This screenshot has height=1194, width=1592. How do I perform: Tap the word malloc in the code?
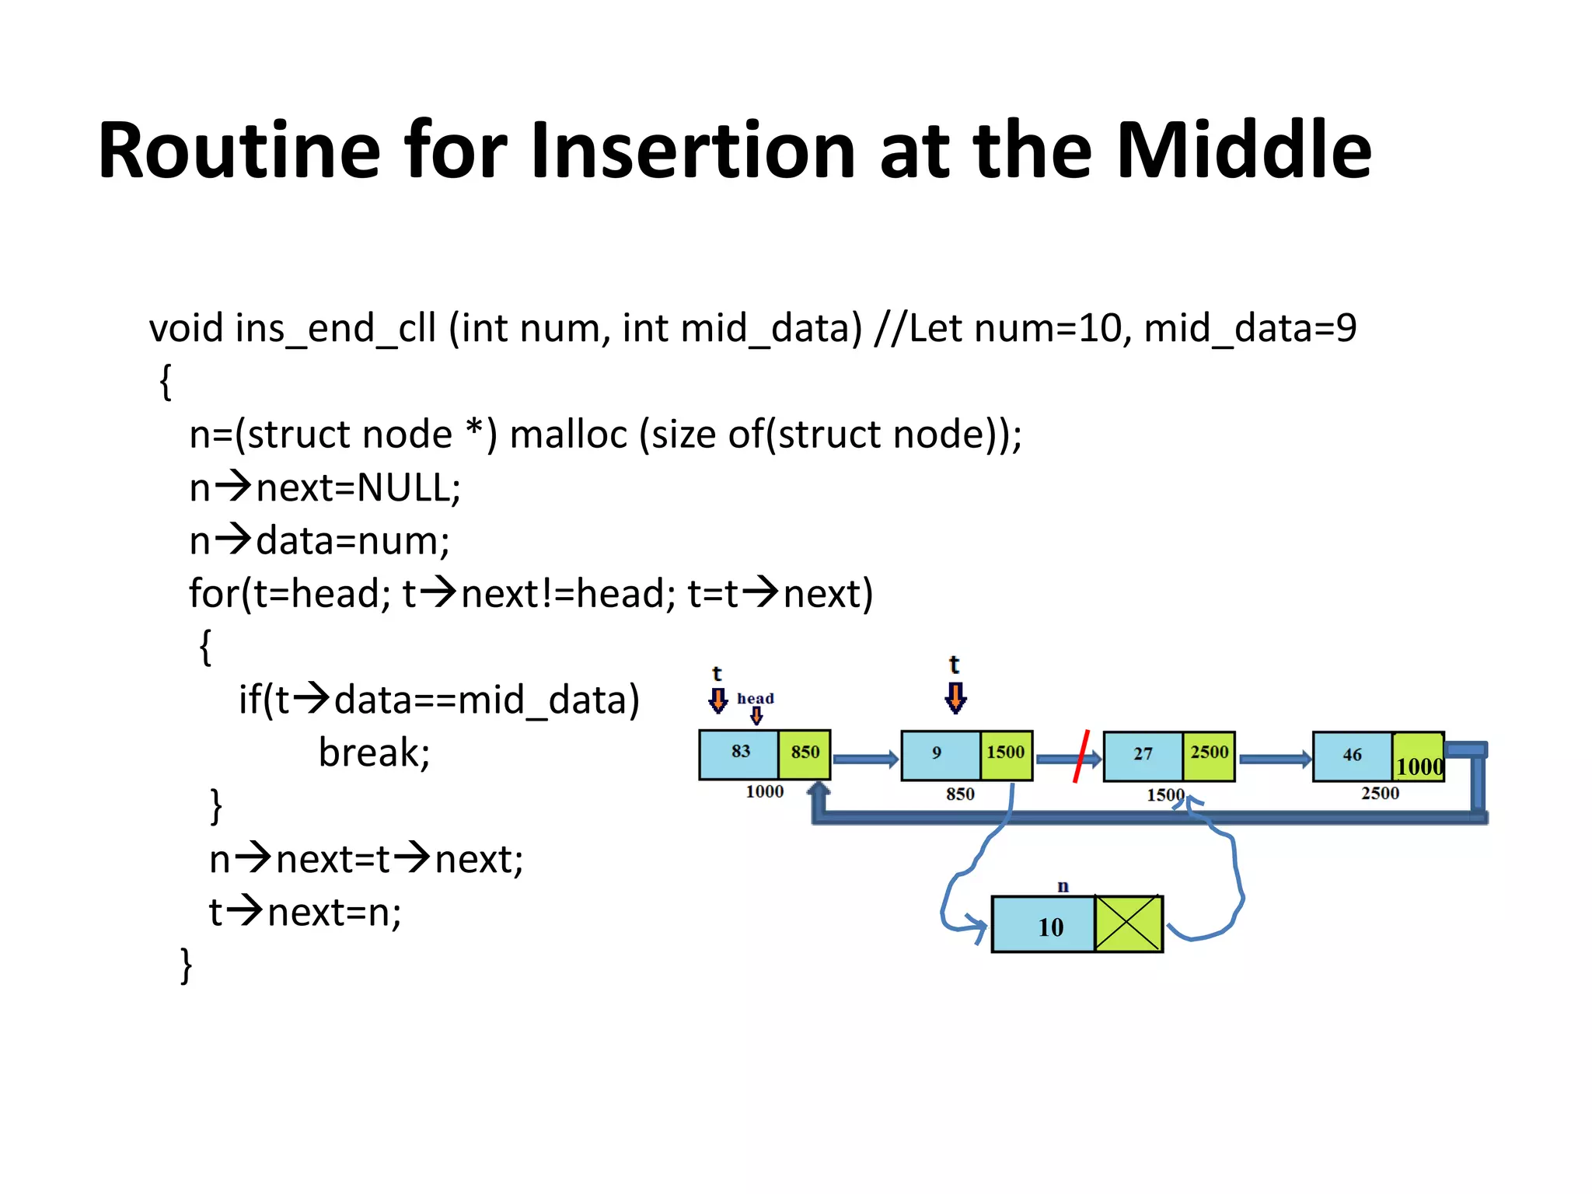coord(567,434)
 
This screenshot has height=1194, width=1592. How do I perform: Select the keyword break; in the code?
coord(374,752)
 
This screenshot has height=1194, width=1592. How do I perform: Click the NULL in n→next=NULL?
coord(403,488)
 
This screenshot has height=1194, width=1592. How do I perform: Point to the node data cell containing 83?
coord(739,754)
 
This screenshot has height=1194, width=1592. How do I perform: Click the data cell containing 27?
coord(1143,756)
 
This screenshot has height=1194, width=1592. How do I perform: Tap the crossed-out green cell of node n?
coord(1128,923)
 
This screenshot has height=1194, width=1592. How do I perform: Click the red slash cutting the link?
coord(1081,756)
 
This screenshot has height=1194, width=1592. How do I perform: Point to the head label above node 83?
coord(755,698)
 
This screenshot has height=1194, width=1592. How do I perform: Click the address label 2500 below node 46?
coord(1379,794)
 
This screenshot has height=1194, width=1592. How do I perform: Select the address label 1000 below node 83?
coord(764,792)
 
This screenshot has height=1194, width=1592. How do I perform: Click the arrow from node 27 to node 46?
coord(1274,759)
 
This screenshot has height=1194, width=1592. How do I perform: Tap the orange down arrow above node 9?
coord(955,697)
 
